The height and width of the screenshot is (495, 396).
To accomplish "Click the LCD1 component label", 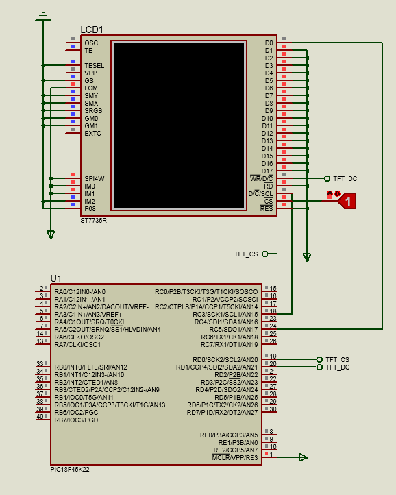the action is pyautogui.click(x=92, y=29).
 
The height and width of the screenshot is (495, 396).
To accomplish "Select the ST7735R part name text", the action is pyautogui.click(x=93, y=221).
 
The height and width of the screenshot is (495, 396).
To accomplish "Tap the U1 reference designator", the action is pyautogui.click(x=56, y=278).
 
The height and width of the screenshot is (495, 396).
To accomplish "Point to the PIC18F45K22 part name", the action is pyautogui.click(x=70, y=470).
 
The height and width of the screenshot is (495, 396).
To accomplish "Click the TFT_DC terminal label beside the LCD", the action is pyautogui.click(x=345, y=179).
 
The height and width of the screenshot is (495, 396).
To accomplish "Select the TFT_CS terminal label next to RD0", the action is pyautogui.click(x=337, y=359).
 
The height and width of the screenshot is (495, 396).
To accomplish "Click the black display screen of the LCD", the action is pyautogui.click(x=179, y=125).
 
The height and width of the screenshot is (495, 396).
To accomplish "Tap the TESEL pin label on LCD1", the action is pyautogui.click(x=95, y=66).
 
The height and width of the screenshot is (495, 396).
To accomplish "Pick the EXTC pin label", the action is pyautogui.click(x=92, y=134).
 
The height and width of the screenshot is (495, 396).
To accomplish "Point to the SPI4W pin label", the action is pyautogui.click(x=95, y=179).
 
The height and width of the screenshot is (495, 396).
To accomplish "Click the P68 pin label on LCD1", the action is pyautogui.click(x=90, y=209).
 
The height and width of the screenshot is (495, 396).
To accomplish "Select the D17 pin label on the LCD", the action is pyautogui.click(x=267, y=171).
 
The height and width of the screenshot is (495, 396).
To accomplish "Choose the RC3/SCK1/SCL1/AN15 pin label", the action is pyautogui.click(x=225, y=315).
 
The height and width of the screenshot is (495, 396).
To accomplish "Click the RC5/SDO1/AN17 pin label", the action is pyautogui.click(x=234, y=330).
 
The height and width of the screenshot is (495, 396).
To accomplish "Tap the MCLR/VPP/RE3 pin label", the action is pyautogui.click(x=235, y=458).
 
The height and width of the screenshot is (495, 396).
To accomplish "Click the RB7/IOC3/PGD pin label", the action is pyautogui.click(x=76, y=420).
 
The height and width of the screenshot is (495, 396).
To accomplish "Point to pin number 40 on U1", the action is pyautogui.click(x=40, y=416).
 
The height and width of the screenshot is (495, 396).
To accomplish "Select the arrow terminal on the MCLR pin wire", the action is pyautogui.click(x=303, y=457).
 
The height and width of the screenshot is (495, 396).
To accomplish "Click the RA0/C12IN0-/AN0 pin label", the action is pyautogui.click(x=80, y=291).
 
